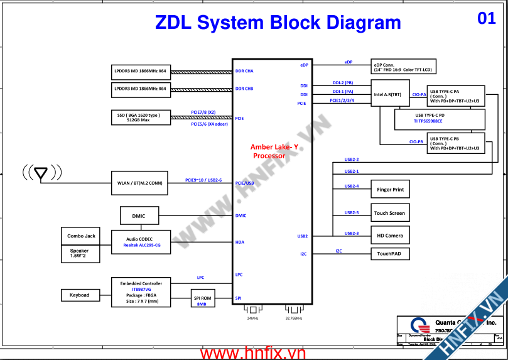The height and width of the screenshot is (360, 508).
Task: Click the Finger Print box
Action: pyautogui.click(x=390, y=190)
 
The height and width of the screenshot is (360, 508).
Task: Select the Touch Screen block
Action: pyautogui.click(x=390, y=213)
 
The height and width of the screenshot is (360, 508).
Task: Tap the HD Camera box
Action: pyautogui.click(x=390, y=236)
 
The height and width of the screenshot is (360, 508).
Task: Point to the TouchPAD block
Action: pyautogui.click(x=390, y=254)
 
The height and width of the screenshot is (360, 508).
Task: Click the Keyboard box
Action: pyautogui.click(x=79, y=295)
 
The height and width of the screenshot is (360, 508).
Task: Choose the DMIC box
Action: pyautogui.click(x=139, y=216)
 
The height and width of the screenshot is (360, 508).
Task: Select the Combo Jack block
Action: pyautogui.click(x=81, y=236)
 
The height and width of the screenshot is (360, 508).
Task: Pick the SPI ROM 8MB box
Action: pyautogui.click(x=202, y=298)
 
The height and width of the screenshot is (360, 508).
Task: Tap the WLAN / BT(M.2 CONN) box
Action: pyautogui.click(x=139, y=183)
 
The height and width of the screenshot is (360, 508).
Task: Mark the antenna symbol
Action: pyautogui.click(x=41, y=172)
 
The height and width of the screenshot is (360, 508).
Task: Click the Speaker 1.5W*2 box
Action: pyautogui.click(x=79, y=253)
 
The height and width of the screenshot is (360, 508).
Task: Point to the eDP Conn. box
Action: pyautogui.click(x=402, y=67)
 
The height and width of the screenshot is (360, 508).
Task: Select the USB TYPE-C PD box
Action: pyautogui.click(x=439, y=118)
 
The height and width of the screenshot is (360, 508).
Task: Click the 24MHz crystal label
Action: pyautogui.click(x=252, y=319)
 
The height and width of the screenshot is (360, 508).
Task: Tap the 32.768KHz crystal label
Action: pyautogui.click(x=294, y=319)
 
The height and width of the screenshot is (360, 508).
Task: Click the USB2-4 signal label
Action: pyautogui.click(x=352, y=186)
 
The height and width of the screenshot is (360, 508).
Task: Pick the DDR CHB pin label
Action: pyautogui.click(x=244, y=89)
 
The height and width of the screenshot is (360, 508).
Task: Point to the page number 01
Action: pyautogui.click(x=487, y=18)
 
